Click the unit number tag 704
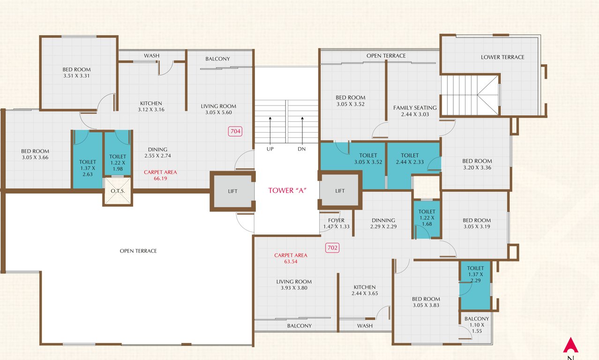235,132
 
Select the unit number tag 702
332,247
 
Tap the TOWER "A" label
287,190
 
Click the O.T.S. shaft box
118,191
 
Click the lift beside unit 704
232,191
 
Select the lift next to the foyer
340,191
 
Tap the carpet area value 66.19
160,178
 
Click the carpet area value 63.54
291,262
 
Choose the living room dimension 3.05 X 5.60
218,112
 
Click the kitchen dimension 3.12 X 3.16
151,110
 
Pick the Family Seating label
415,108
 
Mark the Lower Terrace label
502,57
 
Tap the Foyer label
336,220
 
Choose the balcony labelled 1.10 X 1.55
476,325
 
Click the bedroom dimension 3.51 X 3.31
76,76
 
